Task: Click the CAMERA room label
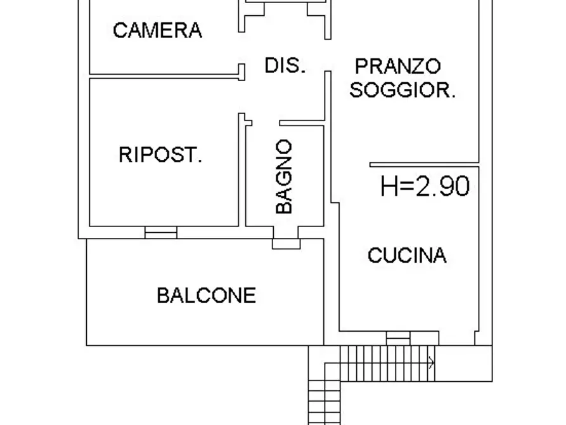(x=157, y=30)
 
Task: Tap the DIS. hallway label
(x=285, y=65)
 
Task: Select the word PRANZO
(x=397, y=66)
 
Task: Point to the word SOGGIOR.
(x=402, y=90)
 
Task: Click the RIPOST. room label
(x=160, y=155)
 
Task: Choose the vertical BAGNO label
(x=285, y=176)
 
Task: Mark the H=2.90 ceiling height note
(x=425, y=186)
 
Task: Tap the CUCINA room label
(x=407, y=256)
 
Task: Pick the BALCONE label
(x=207, y=295)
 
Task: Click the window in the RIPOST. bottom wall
(x=160, y=233)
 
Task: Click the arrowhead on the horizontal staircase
(x=432, y=363)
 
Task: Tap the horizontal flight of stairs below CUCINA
(x=387, y=363)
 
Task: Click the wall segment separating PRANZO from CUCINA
(x=423, y=164)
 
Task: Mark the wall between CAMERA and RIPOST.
(x=165, y=76)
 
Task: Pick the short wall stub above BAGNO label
(x=302, y=121)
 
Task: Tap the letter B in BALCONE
(x=164, y=295)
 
